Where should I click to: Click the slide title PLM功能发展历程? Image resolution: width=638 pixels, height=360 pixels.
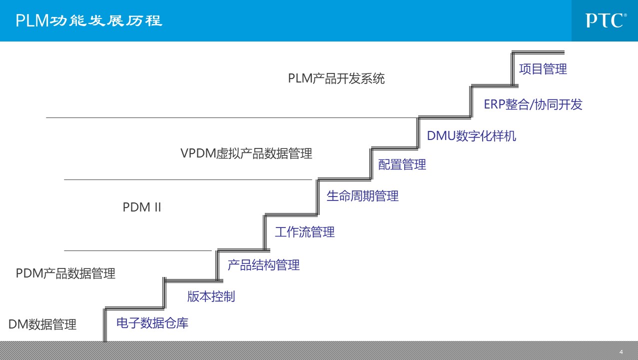[x=89, y=20]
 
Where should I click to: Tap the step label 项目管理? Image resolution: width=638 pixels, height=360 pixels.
[x=543, y=69]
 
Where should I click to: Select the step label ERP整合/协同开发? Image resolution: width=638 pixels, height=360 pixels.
[x=533, y=104]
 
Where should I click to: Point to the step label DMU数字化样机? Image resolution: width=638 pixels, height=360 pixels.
[x=471, y=136]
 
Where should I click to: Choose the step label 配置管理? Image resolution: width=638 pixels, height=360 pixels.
[x=402, y=164]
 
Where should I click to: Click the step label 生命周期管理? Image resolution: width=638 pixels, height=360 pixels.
[x=362, y=196]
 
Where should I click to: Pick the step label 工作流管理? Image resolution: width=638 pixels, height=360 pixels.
[x=304, y=232]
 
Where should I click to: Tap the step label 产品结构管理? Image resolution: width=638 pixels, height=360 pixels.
[x=263, y=265]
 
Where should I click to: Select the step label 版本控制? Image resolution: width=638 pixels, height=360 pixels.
[x=211, y=296]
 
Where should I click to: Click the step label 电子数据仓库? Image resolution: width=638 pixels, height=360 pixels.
[x=152, y=323]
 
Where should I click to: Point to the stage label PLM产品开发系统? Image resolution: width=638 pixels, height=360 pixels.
[x=336, y=78]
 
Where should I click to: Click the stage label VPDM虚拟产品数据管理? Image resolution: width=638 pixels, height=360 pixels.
[x=246, y=153]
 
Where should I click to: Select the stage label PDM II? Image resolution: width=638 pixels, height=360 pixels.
[x=142, y=207]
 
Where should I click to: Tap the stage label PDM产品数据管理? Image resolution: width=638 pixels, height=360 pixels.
[x=65, y=273]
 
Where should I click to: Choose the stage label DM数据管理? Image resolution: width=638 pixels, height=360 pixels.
[x=42, y=324]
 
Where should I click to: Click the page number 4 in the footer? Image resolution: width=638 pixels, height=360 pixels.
[x=621, y=352]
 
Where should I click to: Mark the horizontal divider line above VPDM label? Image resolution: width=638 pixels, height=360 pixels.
[x=230, y=117]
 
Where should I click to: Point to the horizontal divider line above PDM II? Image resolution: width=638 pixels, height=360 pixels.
[x=187, y=179]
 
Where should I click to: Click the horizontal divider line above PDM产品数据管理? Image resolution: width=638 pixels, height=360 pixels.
[x=137, y=250]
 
